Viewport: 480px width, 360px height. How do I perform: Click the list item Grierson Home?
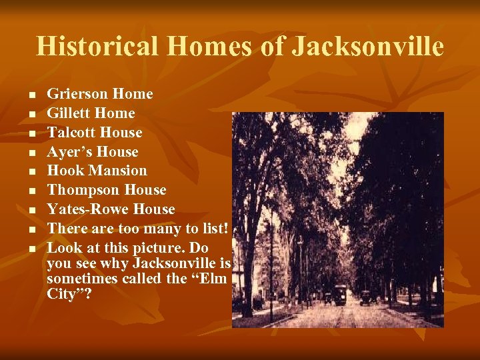pos(99,94)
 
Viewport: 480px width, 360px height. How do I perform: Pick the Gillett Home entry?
pos(91,113)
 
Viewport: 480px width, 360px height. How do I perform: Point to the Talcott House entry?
pos(94,132)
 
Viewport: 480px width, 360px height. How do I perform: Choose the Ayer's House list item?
pos(92,151)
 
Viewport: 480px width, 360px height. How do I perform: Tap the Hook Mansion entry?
pos(97,171)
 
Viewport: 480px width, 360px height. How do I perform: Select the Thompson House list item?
pos(107,190)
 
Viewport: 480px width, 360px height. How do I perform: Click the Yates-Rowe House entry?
pos(111,209)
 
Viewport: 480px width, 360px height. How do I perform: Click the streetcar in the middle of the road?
pos(340,295)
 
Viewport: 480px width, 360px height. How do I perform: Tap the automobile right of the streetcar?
pos(365,297)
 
